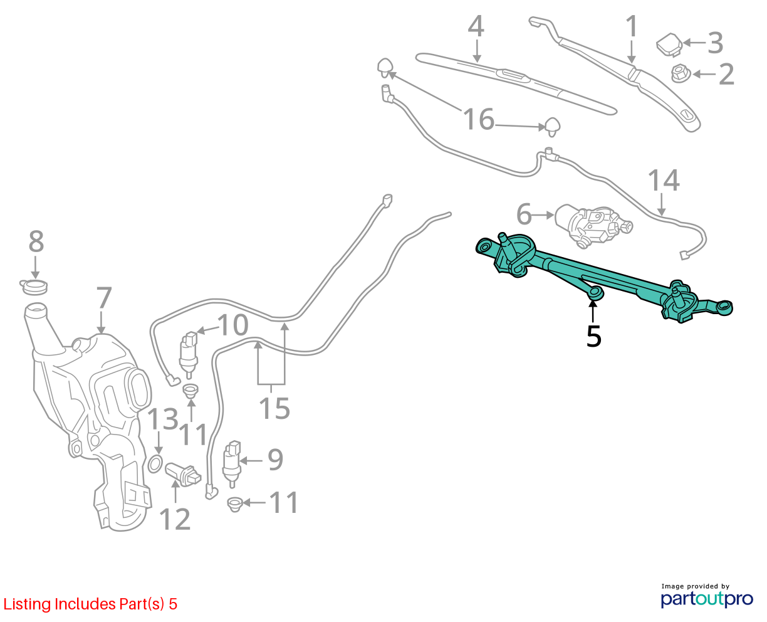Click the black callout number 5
[x=594, y=336]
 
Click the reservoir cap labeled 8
[x=33, y=287]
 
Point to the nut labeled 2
[x=681, y=73]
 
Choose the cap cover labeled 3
[x=669, y=45]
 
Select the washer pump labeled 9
[x=232, y=464]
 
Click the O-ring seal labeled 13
[x=155, y=464]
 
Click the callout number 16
[x=479, y=119]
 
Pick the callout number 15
[x=274, y=408]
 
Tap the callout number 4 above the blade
[x=476, y=26]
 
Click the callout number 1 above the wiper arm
[x=632, y=26]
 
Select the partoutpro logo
[x=706, y=599]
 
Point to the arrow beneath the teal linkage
[x=593, y=311]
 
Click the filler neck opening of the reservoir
[x=36, y=309]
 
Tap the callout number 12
[x=175, y=519]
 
